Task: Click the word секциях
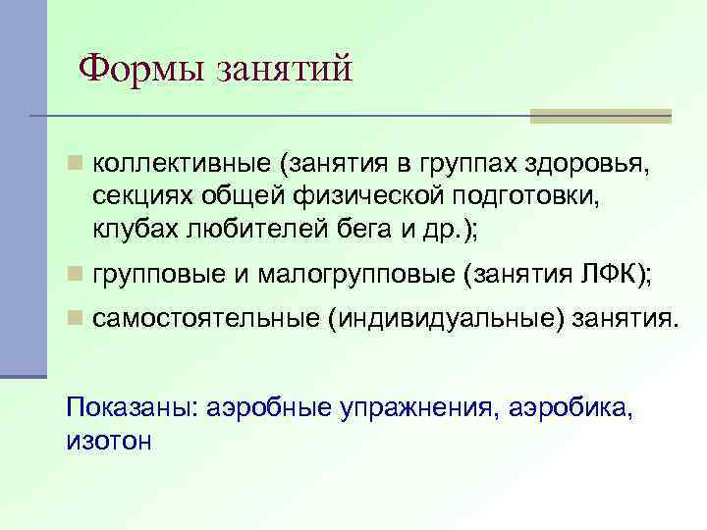139,195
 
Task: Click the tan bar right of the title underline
600,116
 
